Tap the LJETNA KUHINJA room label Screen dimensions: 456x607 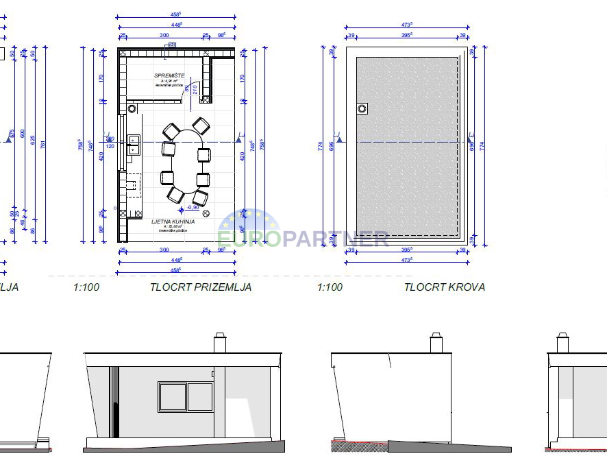pyautogui.click(x=173, y=222)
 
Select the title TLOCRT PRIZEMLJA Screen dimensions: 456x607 pyautogui.click(x=201, y=287)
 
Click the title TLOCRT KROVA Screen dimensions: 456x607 pyautogui.click(x=445, y=287)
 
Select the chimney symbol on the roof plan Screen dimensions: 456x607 pyautogui.click(x=362, y=108)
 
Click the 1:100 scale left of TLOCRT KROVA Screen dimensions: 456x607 pyautogui.click(x=330, y=287)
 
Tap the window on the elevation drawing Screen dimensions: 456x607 pyautogui.click(x=186, y=397)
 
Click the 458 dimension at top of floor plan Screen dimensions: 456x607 pyautogui.click(x=176, y=14)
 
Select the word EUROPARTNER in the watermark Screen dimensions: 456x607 pyautogui.click(x=303, y=239)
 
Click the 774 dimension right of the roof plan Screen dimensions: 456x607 pyautogui.click(x=482, y=146)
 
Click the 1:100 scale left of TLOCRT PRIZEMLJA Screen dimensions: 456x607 pyautogui.click(x=86, y=287)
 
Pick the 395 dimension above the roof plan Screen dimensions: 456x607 pyautogui.click(x=407, y=35)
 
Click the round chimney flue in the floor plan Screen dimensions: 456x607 pyautogui.click(x=132, y=108)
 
